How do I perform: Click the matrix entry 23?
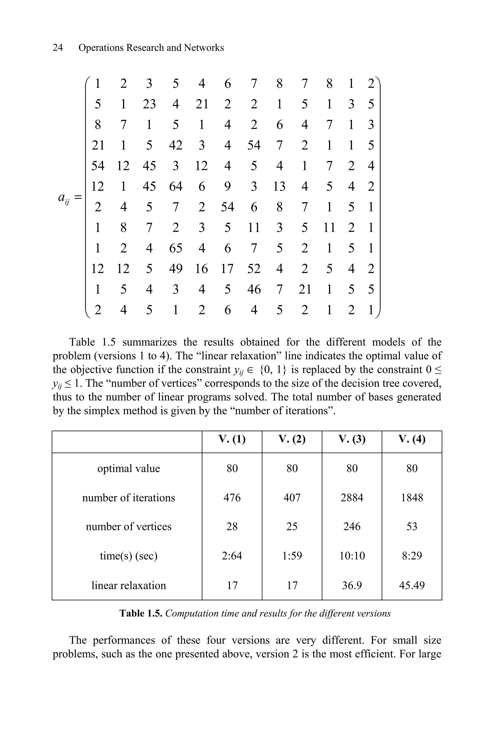pyautogui.click(x=149, y=104)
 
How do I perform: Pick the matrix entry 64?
pyautogui.click(x=176, y=186)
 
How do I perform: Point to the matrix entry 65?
pyautogui.click(x=176, y=248)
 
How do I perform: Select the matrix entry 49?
pyautogui.click(x=176, y=269)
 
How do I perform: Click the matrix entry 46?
pyautogui.click(x=254, y=289)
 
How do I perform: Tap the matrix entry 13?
pyautogui.click(x=279, y=186)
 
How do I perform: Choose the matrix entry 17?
pyautogui.click(x=227, y=269)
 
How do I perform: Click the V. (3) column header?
pyautogui.click(x=352, y=439)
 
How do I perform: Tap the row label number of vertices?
pyautogui.click(x=129, y=527)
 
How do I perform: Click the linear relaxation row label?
pyautogui.click(x=129, y=585)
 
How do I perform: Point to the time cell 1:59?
pyautogui.click(x=292, y=556)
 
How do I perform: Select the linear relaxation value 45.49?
pyautogui.click(x=412, y=585)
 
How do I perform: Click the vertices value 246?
pyautogui.click(x=352, y=527)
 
